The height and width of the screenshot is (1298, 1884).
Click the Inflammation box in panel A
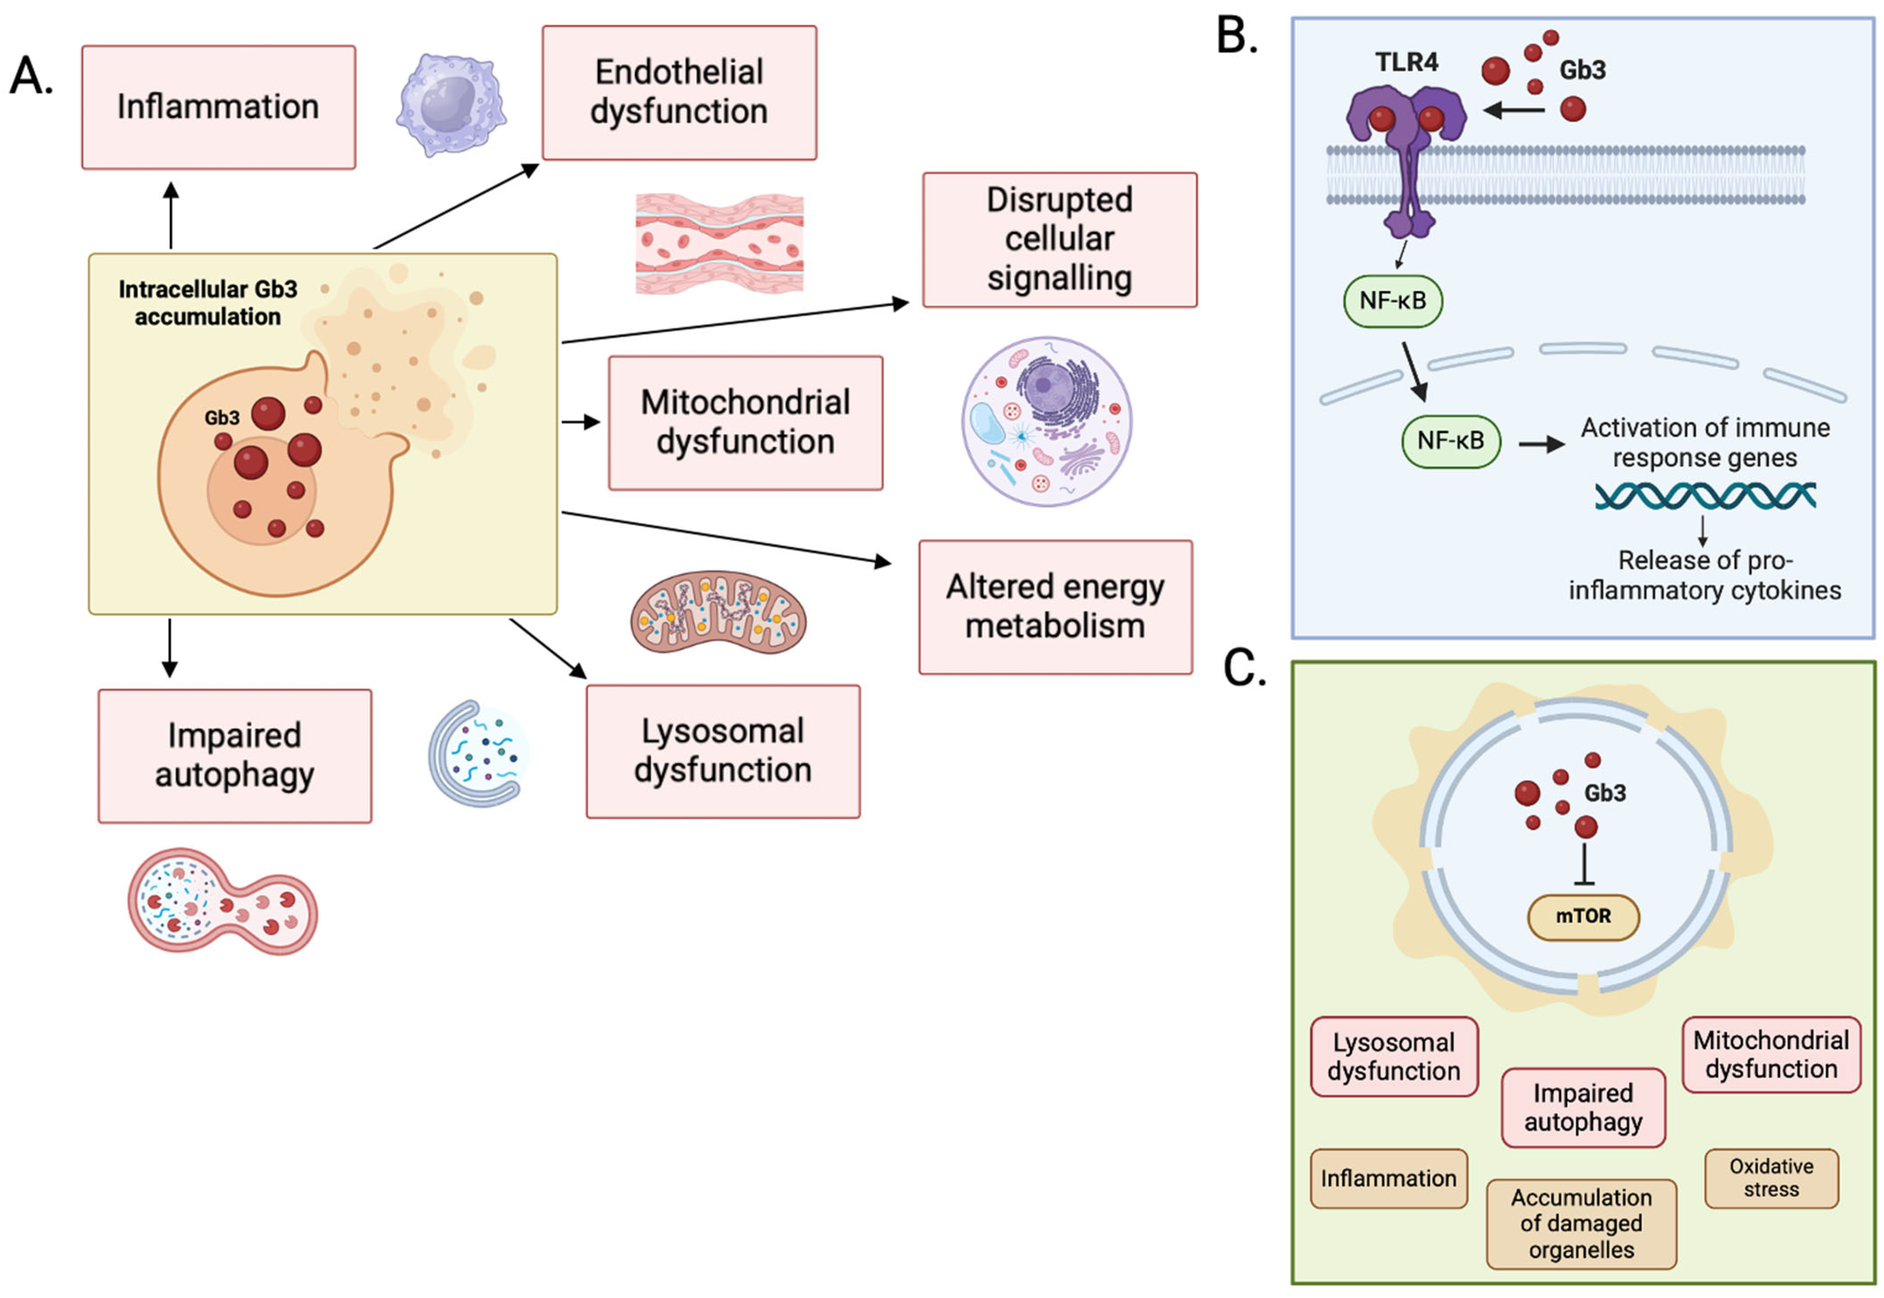coord(218,107)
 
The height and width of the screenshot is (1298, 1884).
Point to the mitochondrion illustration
coord(717,612)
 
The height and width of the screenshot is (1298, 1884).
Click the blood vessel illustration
coord(719,242)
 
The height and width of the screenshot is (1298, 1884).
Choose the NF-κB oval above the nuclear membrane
coord(1392,301)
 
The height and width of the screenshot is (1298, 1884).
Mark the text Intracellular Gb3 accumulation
coord(208,303)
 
